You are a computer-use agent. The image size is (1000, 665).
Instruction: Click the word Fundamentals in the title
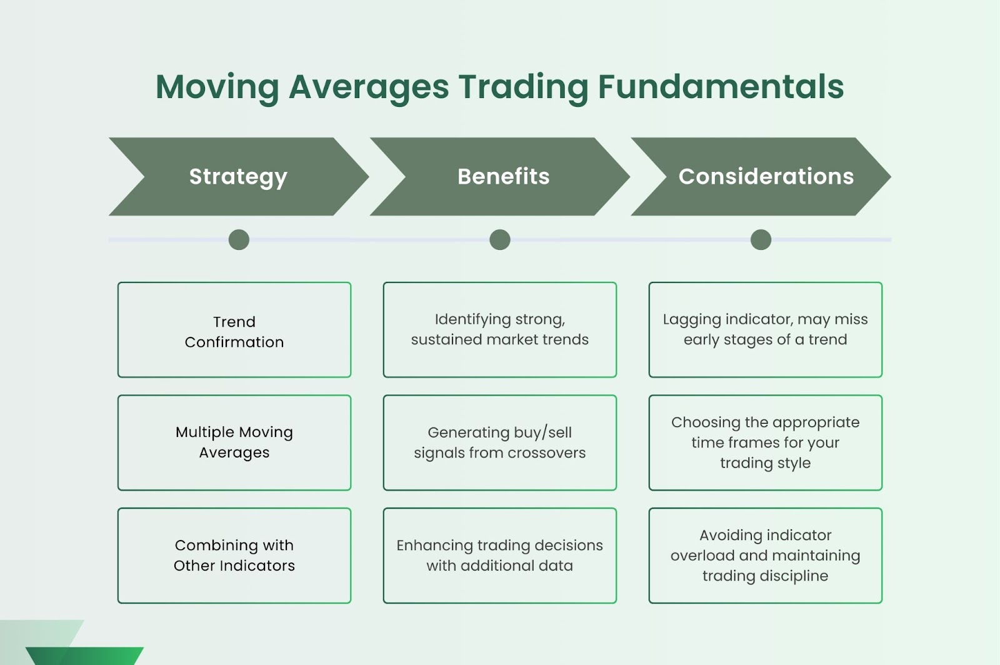[x=721, y=87]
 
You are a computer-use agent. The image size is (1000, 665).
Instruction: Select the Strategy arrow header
[x=238, y=177]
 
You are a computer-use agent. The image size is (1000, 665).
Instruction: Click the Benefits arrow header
[x=499, y=177]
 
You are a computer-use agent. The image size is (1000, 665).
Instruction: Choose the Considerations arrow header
[x=761, y=177]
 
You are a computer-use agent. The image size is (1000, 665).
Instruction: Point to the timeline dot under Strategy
[x=239, y=239]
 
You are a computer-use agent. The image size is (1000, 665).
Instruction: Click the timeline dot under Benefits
[x=500, y=239]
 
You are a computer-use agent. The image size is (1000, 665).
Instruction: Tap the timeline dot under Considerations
[x=761, y=239]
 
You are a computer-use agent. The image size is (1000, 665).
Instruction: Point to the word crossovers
[x=546, y=453]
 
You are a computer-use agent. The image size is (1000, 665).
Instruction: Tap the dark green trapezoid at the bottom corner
[x=85, y=656]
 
